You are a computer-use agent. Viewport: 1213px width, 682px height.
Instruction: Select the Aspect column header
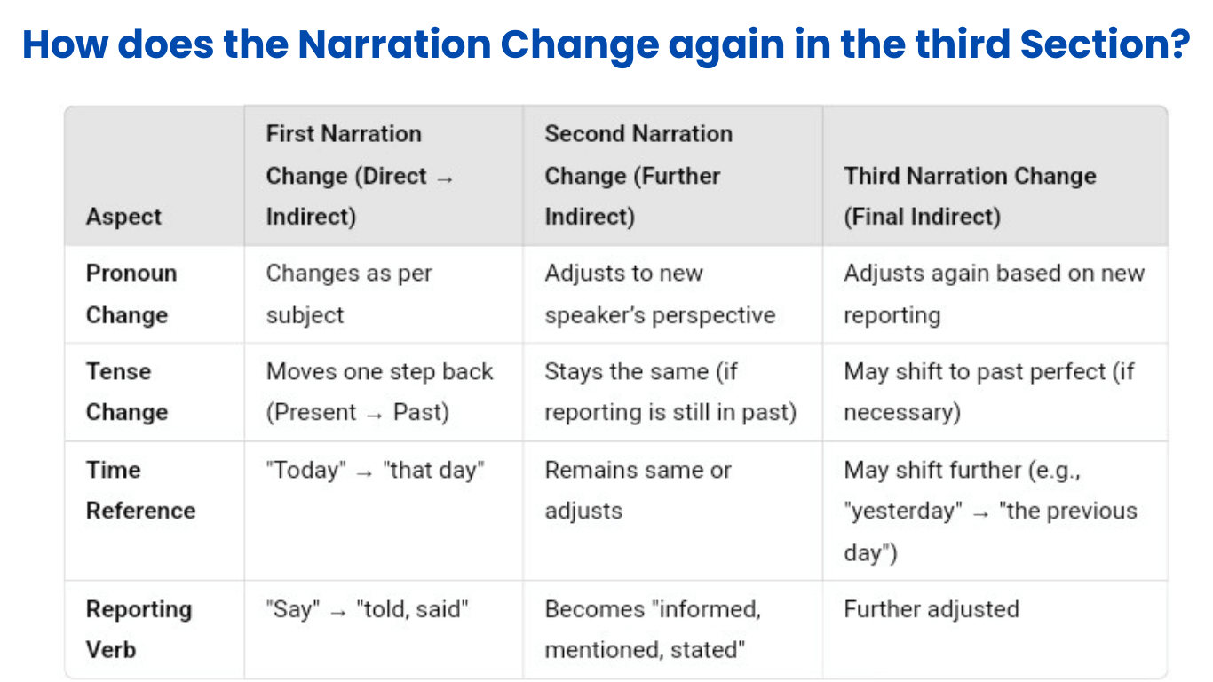(x=123, y=217)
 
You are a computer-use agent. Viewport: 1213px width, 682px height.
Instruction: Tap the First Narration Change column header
(x=360, y=176)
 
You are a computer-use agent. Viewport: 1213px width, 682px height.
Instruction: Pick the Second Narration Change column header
(x=638, y=176)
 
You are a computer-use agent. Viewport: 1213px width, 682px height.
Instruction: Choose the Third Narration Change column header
(x=970, y=196)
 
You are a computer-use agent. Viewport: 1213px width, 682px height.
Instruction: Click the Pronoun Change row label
(x=131, y=294)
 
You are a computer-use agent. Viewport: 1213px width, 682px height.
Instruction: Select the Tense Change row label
(x=126, y=392)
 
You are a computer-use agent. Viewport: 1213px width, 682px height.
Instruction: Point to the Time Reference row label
(x=140, y=490)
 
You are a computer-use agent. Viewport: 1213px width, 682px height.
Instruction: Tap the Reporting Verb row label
(x=139, y=630)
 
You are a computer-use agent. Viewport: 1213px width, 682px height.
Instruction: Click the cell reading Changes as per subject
(x=348, y=294)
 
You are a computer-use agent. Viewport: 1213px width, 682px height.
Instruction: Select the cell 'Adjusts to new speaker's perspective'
(x=660, y=294)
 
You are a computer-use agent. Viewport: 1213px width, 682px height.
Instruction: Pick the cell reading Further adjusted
(x=931, y=609)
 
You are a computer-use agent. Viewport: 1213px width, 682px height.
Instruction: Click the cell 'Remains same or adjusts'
(x=638, y=490)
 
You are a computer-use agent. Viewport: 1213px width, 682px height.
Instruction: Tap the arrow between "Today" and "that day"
(x=364, y=472)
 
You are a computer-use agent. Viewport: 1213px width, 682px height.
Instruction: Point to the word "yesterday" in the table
(x=903, y=511)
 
